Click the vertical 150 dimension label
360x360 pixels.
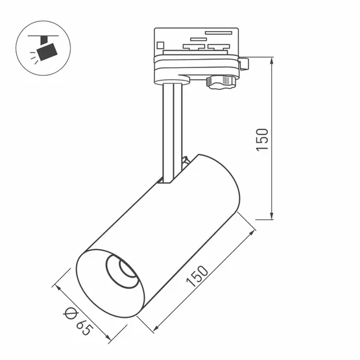point(261,139)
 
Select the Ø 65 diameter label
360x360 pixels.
point(78,320)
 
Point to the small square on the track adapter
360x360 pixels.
point(160,45)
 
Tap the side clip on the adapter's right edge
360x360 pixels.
point(244,64)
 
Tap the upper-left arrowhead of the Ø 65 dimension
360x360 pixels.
point(57,286)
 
